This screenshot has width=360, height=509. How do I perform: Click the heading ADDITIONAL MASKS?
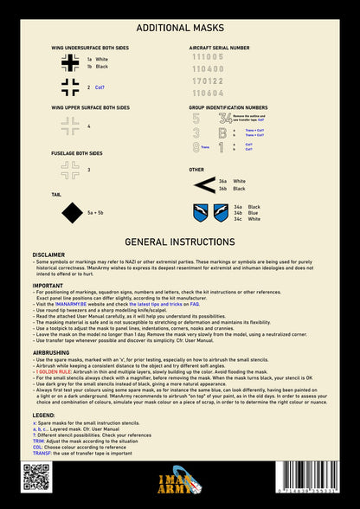[x=180, y=28]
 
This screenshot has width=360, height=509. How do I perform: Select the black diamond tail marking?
[x=69, y=211]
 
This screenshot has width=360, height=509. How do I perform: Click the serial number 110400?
[x=207, y=68]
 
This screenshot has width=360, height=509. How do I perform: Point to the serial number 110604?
[x=207, y=92]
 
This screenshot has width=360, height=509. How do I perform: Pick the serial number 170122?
[x=207, y=80]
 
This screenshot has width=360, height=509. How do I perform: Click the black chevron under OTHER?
[x=204, y=184]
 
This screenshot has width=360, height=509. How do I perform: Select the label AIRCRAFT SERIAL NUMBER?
[x=219, y=47]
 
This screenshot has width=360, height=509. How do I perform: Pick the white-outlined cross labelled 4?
[x=69, y=127]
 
